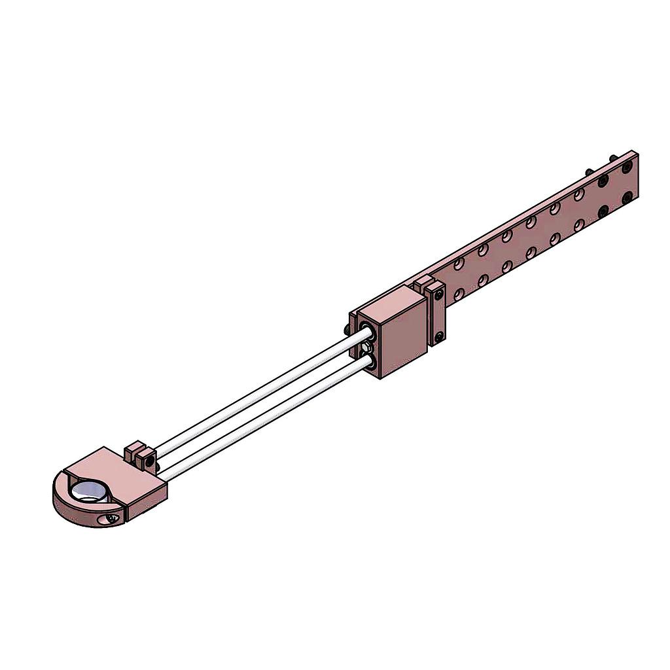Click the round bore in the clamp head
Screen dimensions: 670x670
90,493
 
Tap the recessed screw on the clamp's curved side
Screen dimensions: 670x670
113,518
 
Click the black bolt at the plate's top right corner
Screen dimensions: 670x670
627,167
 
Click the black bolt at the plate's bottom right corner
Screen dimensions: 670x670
627,197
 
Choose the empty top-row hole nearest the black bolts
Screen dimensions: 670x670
579,194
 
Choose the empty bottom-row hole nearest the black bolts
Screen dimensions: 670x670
579,225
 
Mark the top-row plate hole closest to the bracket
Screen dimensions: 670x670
459,264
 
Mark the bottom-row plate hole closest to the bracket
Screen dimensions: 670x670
459,294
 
